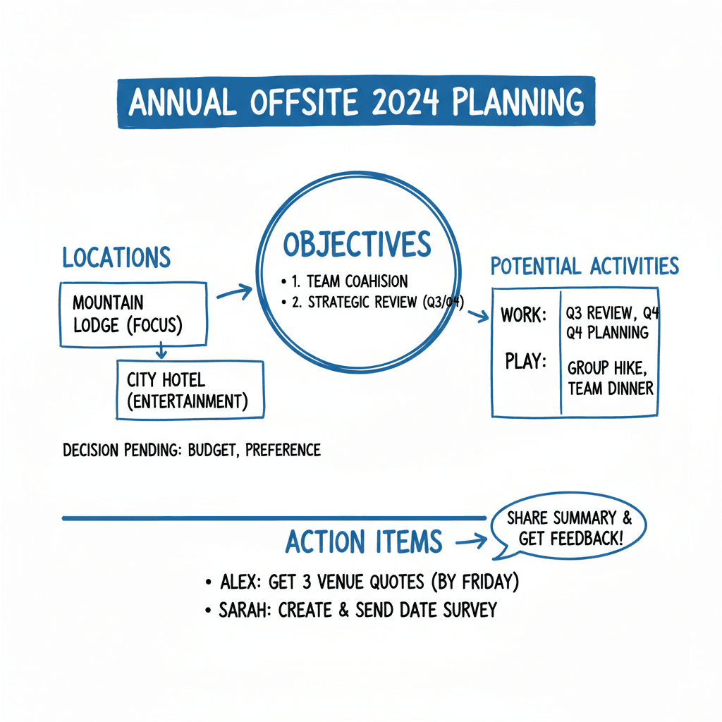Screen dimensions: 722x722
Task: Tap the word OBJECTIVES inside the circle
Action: coord(357,244)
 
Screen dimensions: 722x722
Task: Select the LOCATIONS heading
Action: coord(116,258)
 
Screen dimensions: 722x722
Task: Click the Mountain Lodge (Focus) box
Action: coord(133,314)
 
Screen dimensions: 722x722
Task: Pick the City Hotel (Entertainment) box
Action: coord(189,390)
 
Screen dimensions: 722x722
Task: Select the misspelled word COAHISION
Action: coord(377,281)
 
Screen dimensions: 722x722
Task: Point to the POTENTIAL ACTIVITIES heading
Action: coord(585,267)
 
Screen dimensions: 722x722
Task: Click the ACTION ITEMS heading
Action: coord(364,541)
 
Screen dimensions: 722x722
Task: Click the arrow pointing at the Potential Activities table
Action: coord(477,316)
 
